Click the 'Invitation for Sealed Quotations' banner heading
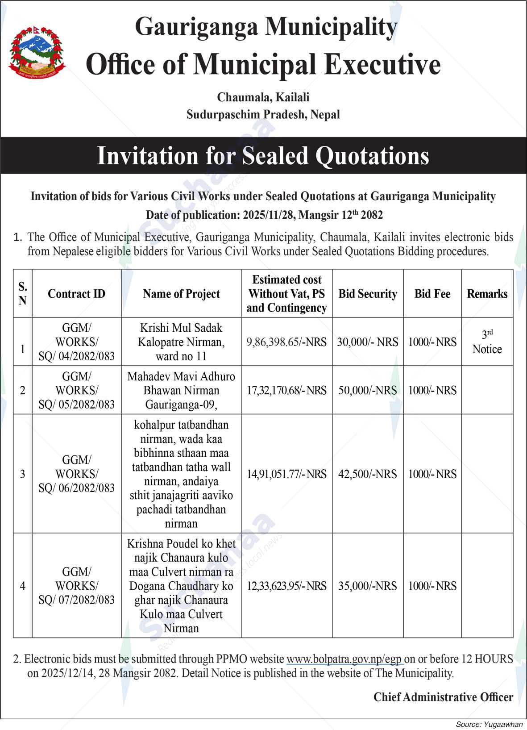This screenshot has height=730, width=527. tap(263, 156)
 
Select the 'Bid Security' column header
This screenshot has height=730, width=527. tap(368, 294)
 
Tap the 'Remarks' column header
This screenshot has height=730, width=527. tap(487, 294)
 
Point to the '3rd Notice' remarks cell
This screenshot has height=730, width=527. tap(487, 342)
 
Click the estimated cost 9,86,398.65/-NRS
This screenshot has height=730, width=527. tap(286, 342)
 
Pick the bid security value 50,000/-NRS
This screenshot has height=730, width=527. tap(368, 390)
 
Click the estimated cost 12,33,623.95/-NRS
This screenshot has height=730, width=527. tap(286, 586)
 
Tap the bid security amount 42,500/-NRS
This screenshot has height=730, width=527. tap(368, 474)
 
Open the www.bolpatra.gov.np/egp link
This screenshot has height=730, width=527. tap(344, 659)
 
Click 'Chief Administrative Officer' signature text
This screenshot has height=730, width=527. tap(443, 697)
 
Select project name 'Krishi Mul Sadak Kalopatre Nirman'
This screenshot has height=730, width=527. tap(181, 342)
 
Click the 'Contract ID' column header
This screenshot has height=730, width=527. tap(76, 294)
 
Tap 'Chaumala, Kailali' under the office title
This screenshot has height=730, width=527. tap(263, 97)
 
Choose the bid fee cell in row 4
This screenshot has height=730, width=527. tap(432, 586)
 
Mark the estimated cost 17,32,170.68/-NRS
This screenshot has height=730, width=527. tap(286, 390)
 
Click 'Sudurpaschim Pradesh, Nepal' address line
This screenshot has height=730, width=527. tap(263, 115)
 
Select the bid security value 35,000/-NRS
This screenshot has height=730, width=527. tap(368, 586)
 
